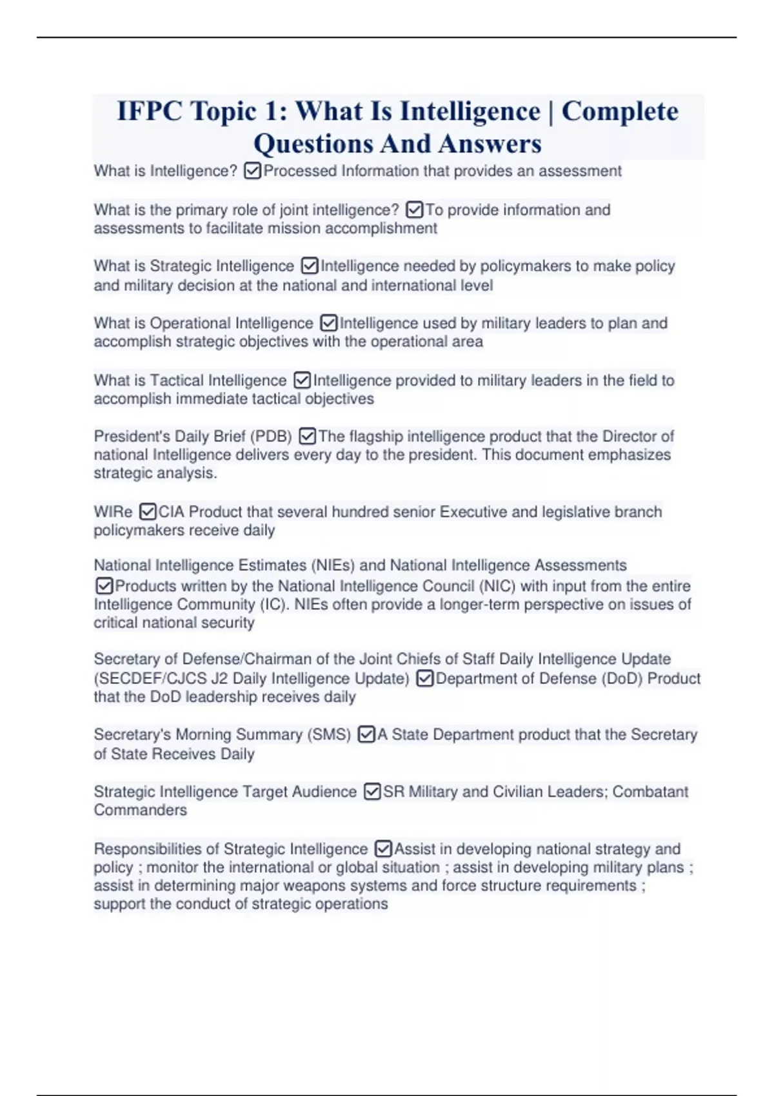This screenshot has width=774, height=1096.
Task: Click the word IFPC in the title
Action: [x=150, y=112]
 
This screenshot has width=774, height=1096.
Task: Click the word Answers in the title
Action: [x=490, y=144]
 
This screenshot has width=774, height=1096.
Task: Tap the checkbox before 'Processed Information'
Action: [x=253, y=171]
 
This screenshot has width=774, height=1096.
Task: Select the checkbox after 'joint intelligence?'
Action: [x=414, y=210]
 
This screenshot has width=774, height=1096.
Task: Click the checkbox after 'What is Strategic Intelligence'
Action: [x=310, y=266]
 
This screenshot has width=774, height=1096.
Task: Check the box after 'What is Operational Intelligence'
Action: [x=328, y=323]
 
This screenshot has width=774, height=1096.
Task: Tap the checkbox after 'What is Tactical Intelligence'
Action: [x=302, y=380]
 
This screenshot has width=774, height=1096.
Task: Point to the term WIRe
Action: [x=113, y=512]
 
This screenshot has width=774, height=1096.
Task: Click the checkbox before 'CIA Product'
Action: [x=148, y=512]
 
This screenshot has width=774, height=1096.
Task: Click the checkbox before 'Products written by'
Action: [x=104, y=586]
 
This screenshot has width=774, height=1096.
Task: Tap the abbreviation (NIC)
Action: [x=497, y=586]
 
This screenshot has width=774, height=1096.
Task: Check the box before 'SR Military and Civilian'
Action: [x=372, y=792]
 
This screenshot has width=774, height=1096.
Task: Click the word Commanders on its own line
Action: [x=140, y=810]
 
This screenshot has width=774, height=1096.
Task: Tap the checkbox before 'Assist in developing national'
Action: [x=383, y=849]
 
